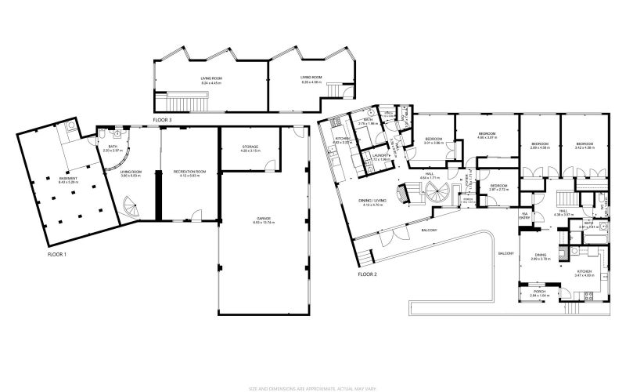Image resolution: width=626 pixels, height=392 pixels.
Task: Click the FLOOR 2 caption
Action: click(368, 274)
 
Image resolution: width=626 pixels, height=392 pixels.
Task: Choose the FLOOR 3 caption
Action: click(162, 119)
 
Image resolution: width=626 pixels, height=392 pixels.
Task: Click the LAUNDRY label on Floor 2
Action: click(381, 156)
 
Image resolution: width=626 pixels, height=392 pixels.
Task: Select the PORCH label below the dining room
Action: click(541, 293)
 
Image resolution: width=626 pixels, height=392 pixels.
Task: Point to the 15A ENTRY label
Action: click(526, 216)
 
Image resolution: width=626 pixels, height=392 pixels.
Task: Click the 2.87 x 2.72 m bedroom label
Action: click(499, 187)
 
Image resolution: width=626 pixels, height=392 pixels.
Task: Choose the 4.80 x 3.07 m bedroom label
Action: click(487, 136)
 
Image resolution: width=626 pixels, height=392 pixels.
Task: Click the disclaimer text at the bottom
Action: click(312, 386)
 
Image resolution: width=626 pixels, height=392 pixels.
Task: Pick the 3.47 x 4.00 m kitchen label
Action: click(586, 273)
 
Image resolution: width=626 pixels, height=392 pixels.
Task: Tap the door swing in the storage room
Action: click(270, 164)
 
